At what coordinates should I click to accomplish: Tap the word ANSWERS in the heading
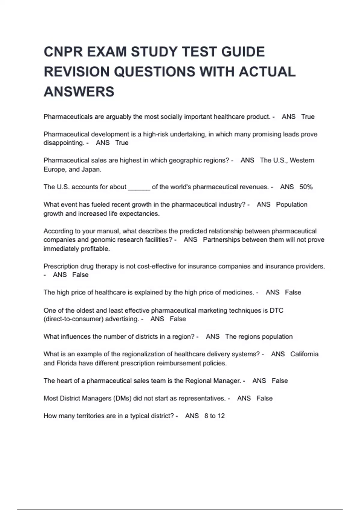(x=79, y=91)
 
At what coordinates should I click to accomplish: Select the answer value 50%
(x=306, y=187)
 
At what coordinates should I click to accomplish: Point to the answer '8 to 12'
(x=214, y=416)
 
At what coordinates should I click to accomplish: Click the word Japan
(x=91, y=169)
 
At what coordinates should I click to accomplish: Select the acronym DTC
(x=276, y=310)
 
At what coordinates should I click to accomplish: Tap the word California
(x=304, y=354)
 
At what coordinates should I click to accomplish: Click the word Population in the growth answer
(x=292, y=205)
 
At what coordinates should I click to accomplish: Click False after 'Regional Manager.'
(x=280, y=381)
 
